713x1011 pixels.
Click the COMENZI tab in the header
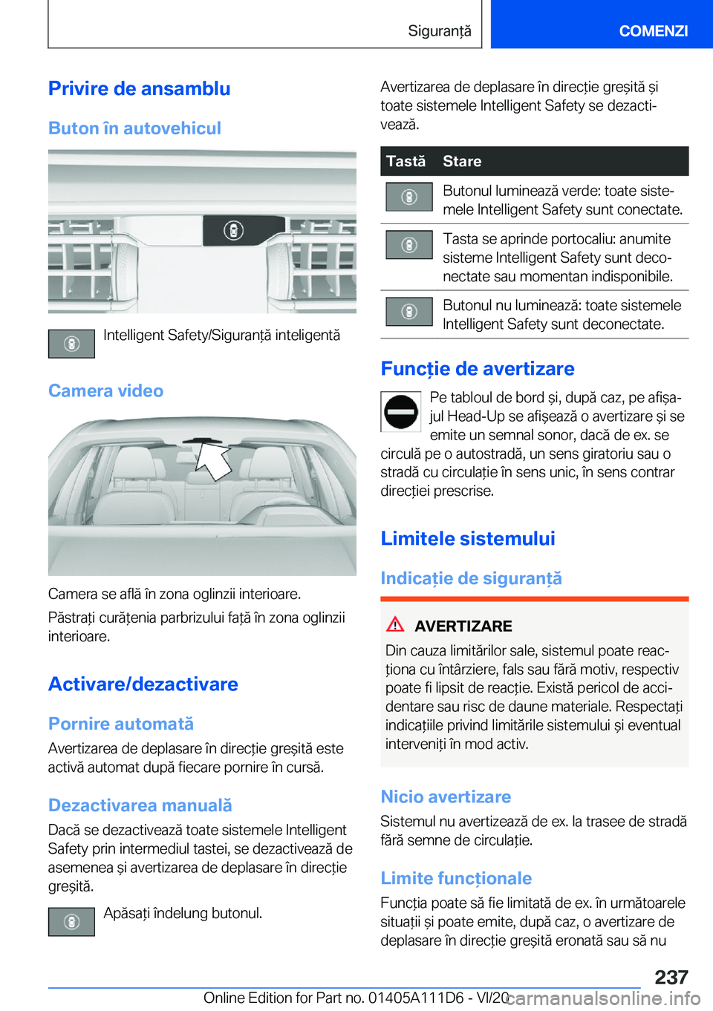[x=653, y=31]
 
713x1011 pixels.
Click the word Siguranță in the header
[x=439, y=31]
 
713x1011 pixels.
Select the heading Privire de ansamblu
[x=140, y=89]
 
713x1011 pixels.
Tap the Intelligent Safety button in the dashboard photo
[x=233, y=231]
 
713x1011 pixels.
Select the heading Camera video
[x=105, y=391]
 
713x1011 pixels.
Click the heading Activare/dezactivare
[x=143, y=684]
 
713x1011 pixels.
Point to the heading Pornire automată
[x=121, y=724]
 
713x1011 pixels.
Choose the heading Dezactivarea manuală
[x=140, y=805]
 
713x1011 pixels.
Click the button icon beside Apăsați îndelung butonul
[x=71, y=922]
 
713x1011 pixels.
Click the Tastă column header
[x=406, y=161]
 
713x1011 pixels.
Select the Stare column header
[x=462, y=161]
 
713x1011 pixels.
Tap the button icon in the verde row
[x=408, y=197]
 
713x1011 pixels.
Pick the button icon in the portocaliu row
[x=408, y=245]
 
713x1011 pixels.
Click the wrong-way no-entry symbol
[x=401, y=411]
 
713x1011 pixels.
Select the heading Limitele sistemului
[x=468, y=539]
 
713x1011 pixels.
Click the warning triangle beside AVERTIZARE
[x=395, y=624]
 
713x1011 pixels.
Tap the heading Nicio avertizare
[x=446, y=797]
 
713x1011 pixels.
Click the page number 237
[x=671, y=977]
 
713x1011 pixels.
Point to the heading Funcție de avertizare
[x=478, y=369]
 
